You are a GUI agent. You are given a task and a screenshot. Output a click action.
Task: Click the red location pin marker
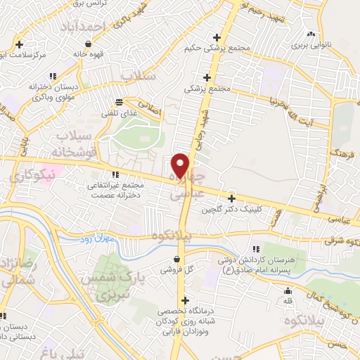(181, 165)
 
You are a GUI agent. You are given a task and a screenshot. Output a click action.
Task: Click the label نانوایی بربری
(311, 46)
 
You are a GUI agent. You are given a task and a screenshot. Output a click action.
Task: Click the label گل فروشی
(176, 269)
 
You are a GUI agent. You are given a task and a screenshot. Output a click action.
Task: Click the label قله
(287, 302)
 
